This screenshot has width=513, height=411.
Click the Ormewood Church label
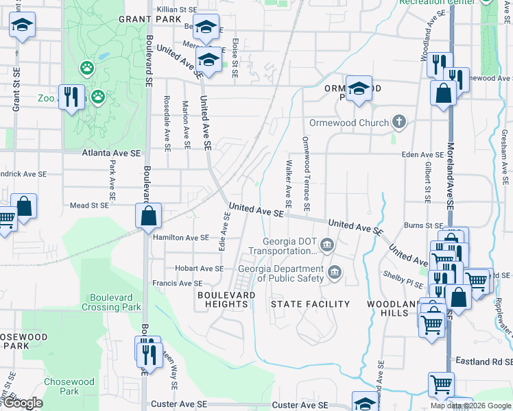(348, 123)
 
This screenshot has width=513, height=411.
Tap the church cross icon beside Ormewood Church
(399, 123)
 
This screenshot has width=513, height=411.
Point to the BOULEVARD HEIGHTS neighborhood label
(222, 299)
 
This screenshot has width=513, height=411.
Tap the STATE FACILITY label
(310, 303)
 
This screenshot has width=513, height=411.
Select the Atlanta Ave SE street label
(112, 153)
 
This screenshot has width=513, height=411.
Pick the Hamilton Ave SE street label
(180, 238)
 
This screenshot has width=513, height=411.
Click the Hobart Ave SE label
(195, 268)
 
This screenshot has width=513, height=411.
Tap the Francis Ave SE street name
(177, 283)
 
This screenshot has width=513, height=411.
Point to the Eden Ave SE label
(423, 155)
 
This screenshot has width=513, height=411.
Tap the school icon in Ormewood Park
(358, 89)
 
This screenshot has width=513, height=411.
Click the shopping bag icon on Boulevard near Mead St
(148, 216)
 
